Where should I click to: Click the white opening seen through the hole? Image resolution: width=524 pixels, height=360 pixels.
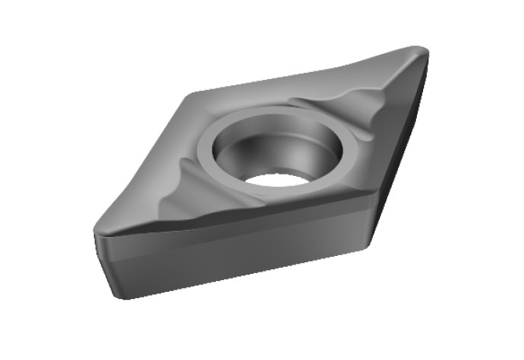[x=278, y=178]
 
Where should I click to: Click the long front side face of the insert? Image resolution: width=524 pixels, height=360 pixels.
[x=235, y=250]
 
